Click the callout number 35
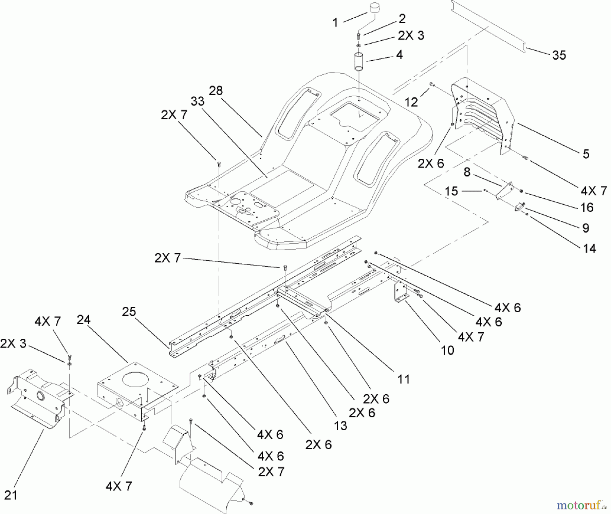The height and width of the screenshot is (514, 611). (x=559, y=55)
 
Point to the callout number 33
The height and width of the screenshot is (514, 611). (x=198, y=101)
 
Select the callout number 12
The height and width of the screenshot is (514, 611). (x=411, y=102)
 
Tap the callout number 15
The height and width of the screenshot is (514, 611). (x=451, y=191)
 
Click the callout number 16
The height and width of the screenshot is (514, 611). (x=587, y=207)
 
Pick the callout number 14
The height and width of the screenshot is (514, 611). (x=589, y=249)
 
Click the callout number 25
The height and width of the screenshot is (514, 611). (x=129, y=311)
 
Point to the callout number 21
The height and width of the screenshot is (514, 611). (x=11, y=495)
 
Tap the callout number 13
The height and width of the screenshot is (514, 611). (x=340, y=426)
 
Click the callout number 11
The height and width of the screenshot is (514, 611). (x=404, y=379)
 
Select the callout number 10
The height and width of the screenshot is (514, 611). (x=447, y=350)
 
